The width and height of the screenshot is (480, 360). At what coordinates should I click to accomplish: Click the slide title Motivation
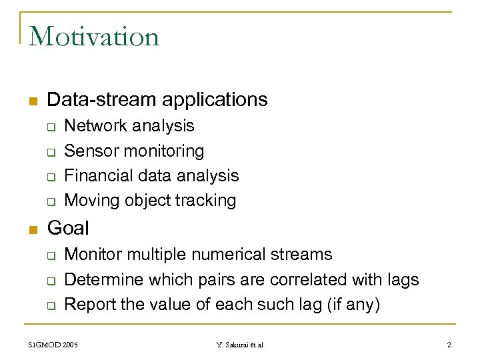pyautogui.click(x=94, y=36)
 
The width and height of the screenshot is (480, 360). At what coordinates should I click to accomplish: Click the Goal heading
pyautogui.click(x=68, y=228)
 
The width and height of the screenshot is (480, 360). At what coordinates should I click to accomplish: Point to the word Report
pyautogui.click(x=90, y=304)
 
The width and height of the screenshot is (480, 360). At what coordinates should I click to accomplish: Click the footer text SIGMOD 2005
pyautogui.click(x=53, y=345)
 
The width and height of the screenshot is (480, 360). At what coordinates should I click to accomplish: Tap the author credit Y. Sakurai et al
pyautogui.click(x=240, y=345)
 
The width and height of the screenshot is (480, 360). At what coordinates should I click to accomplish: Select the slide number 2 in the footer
pyautogui.click(x=449, y=345)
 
